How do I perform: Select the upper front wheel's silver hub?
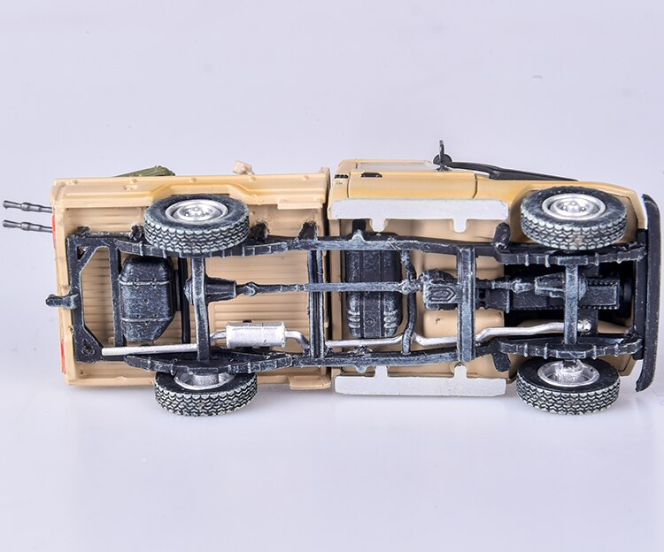pos(574,206)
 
